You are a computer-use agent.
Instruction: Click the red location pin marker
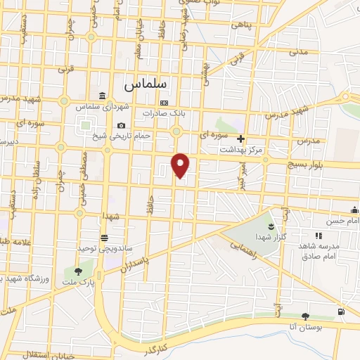[x=181, y=165]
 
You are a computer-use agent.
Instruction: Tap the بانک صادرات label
[x=163, y=112]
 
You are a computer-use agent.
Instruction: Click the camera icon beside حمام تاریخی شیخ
[x=121, y=125]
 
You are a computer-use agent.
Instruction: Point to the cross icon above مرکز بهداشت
[x=241, y=139]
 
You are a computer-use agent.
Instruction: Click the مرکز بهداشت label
[x=241, y=149]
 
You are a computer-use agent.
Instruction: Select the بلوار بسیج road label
[x=307, y=164]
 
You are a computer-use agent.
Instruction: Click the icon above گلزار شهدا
[x=270, y=226]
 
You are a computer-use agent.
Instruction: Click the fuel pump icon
[x=341, y=311]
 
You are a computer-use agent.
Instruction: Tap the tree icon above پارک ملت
[x=77, y=271]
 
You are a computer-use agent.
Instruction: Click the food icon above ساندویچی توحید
[x=104, y=237]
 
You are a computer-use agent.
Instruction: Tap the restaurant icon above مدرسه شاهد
[x=318, y=236]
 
